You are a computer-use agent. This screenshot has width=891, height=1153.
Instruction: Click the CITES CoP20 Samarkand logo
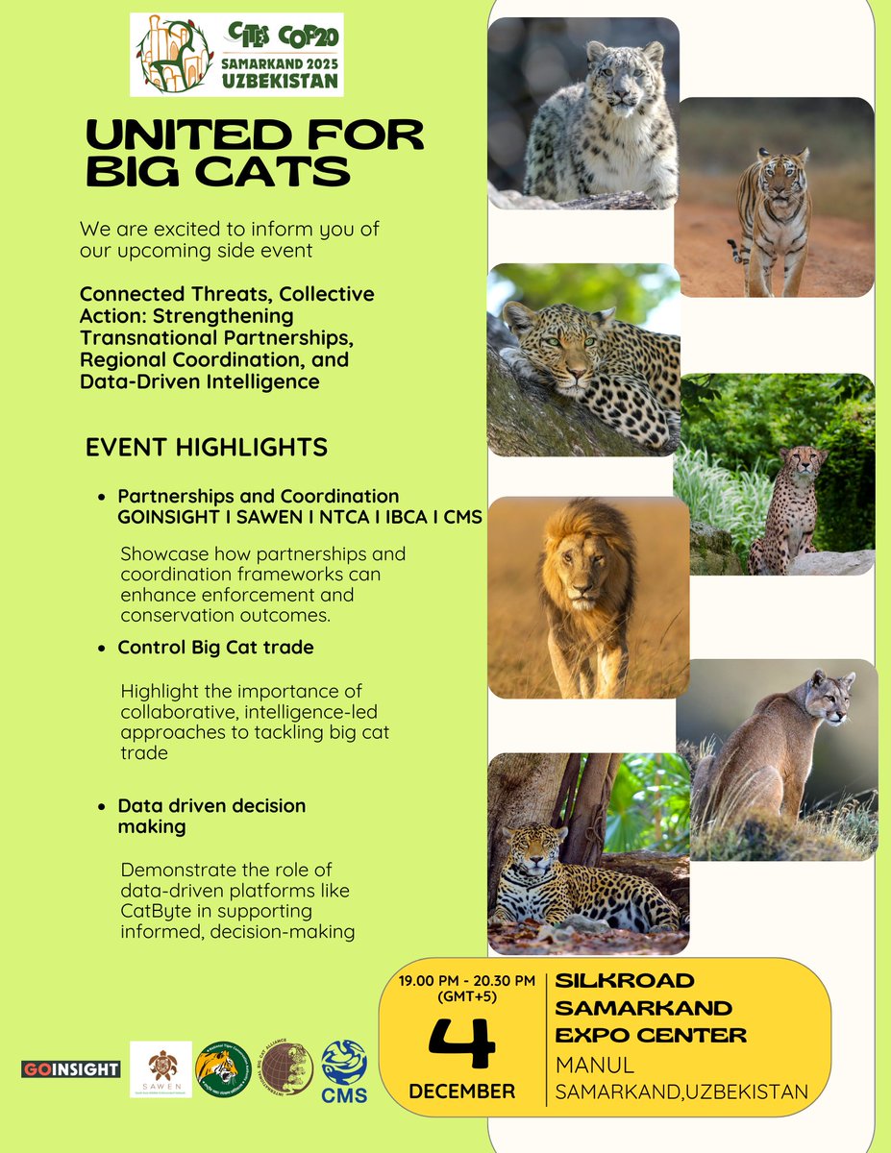coord(236,54)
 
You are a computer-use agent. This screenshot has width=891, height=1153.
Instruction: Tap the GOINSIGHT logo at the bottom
coord(71,1069)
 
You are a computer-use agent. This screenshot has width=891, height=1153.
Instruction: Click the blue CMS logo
coord(343,1068)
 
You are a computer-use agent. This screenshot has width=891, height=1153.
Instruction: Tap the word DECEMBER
coord(461,1092)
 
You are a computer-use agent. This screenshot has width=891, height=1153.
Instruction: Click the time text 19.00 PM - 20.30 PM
coord(467,981)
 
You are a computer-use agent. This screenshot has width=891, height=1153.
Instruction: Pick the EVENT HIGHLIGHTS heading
coord(207,448)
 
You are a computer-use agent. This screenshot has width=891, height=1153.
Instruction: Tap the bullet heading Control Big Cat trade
coord(215,649)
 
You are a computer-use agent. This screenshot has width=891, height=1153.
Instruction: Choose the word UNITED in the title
coord(172,135)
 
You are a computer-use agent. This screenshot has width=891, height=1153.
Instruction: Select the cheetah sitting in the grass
coord(785,509)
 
